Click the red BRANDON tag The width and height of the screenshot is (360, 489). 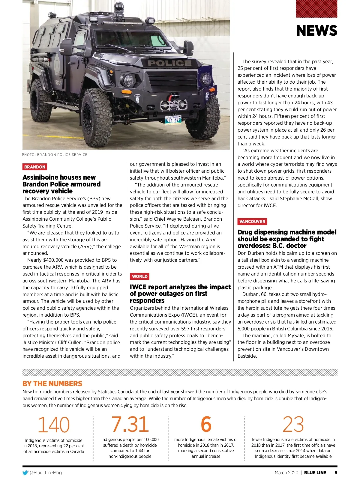click(35, 167)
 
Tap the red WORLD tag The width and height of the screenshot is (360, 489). click(139, 276)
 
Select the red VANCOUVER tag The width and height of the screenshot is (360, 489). click(252, 222)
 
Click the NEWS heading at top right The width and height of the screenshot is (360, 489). click(316, 31)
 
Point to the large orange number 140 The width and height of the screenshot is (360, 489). click(54, 425)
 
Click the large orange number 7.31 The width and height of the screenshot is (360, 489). click(130, 424)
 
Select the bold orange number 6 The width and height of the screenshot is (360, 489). click(206, 424)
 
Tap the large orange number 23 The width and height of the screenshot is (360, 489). click(293, 424)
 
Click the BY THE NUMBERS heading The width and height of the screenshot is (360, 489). click(52, 384)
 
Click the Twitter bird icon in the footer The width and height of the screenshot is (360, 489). click(25, 473)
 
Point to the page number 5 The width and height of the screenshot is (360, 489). click(336, 473)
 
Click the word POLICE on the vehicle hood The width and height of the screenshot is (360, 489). click(169, 63)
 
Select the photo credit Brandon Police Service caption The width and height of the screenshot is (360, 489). click(55, 155)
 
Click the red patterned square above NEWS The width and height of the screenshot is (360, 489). click(316, 9)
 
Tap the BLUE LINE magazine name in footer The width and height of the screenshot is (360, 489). click(315, 473)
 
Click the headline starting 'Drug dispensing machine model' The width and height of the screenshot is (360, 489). click(287, 239)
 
